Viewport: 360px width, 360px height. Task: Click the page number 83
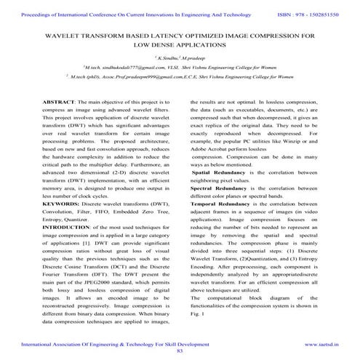click(180, 351)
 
